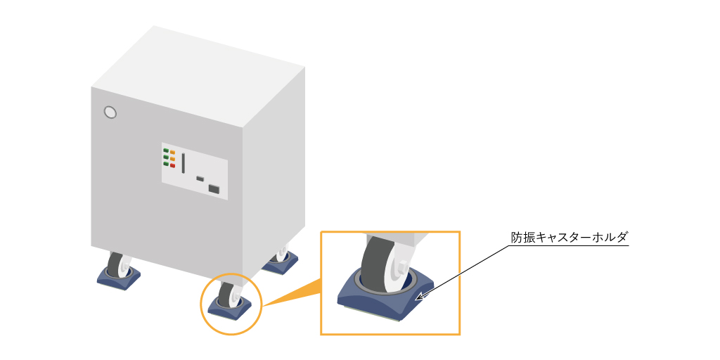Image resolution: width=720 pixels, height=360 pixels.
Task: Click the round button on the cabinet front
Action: coord(110,112)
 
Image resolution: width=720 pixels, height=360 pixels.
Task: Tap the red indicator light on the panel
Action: coord(173,165)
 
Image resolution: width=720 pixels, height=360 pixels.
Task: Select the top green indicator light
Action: coord(166,150)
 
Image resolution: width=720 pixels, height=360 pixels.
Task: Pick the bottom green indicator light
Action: coord(166,163)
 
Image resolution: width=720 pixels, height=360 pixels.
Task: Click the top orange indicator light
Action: coord(173,152)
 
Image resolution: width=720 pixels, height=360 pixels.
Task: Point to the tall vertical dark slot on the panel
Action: coord(184,163)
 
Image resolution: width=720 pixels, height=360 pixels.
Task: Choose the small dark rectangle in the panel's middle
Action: coord(200,178)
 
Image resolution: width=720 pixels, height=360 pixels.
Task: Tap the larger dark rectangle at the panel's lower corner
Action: coord(214,188)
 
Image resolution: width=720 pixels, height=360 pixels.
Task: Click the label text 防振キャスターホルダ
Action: coord(569,238)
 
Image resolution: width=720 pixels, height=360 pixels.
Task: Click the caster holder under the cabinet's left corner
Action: coord(118,277)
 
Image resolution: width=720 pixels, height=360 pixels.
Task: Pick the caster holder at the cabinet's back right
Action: coord(280,264)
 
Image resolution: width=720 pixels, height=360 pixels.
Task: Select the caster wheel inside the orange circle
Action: coord(226,295)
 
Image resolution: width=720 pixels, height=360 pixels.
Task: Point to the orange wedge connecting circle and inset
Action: coord(294,294)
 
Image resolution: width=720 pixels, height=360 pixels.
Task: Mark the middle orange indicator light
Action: coord(173,159)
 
